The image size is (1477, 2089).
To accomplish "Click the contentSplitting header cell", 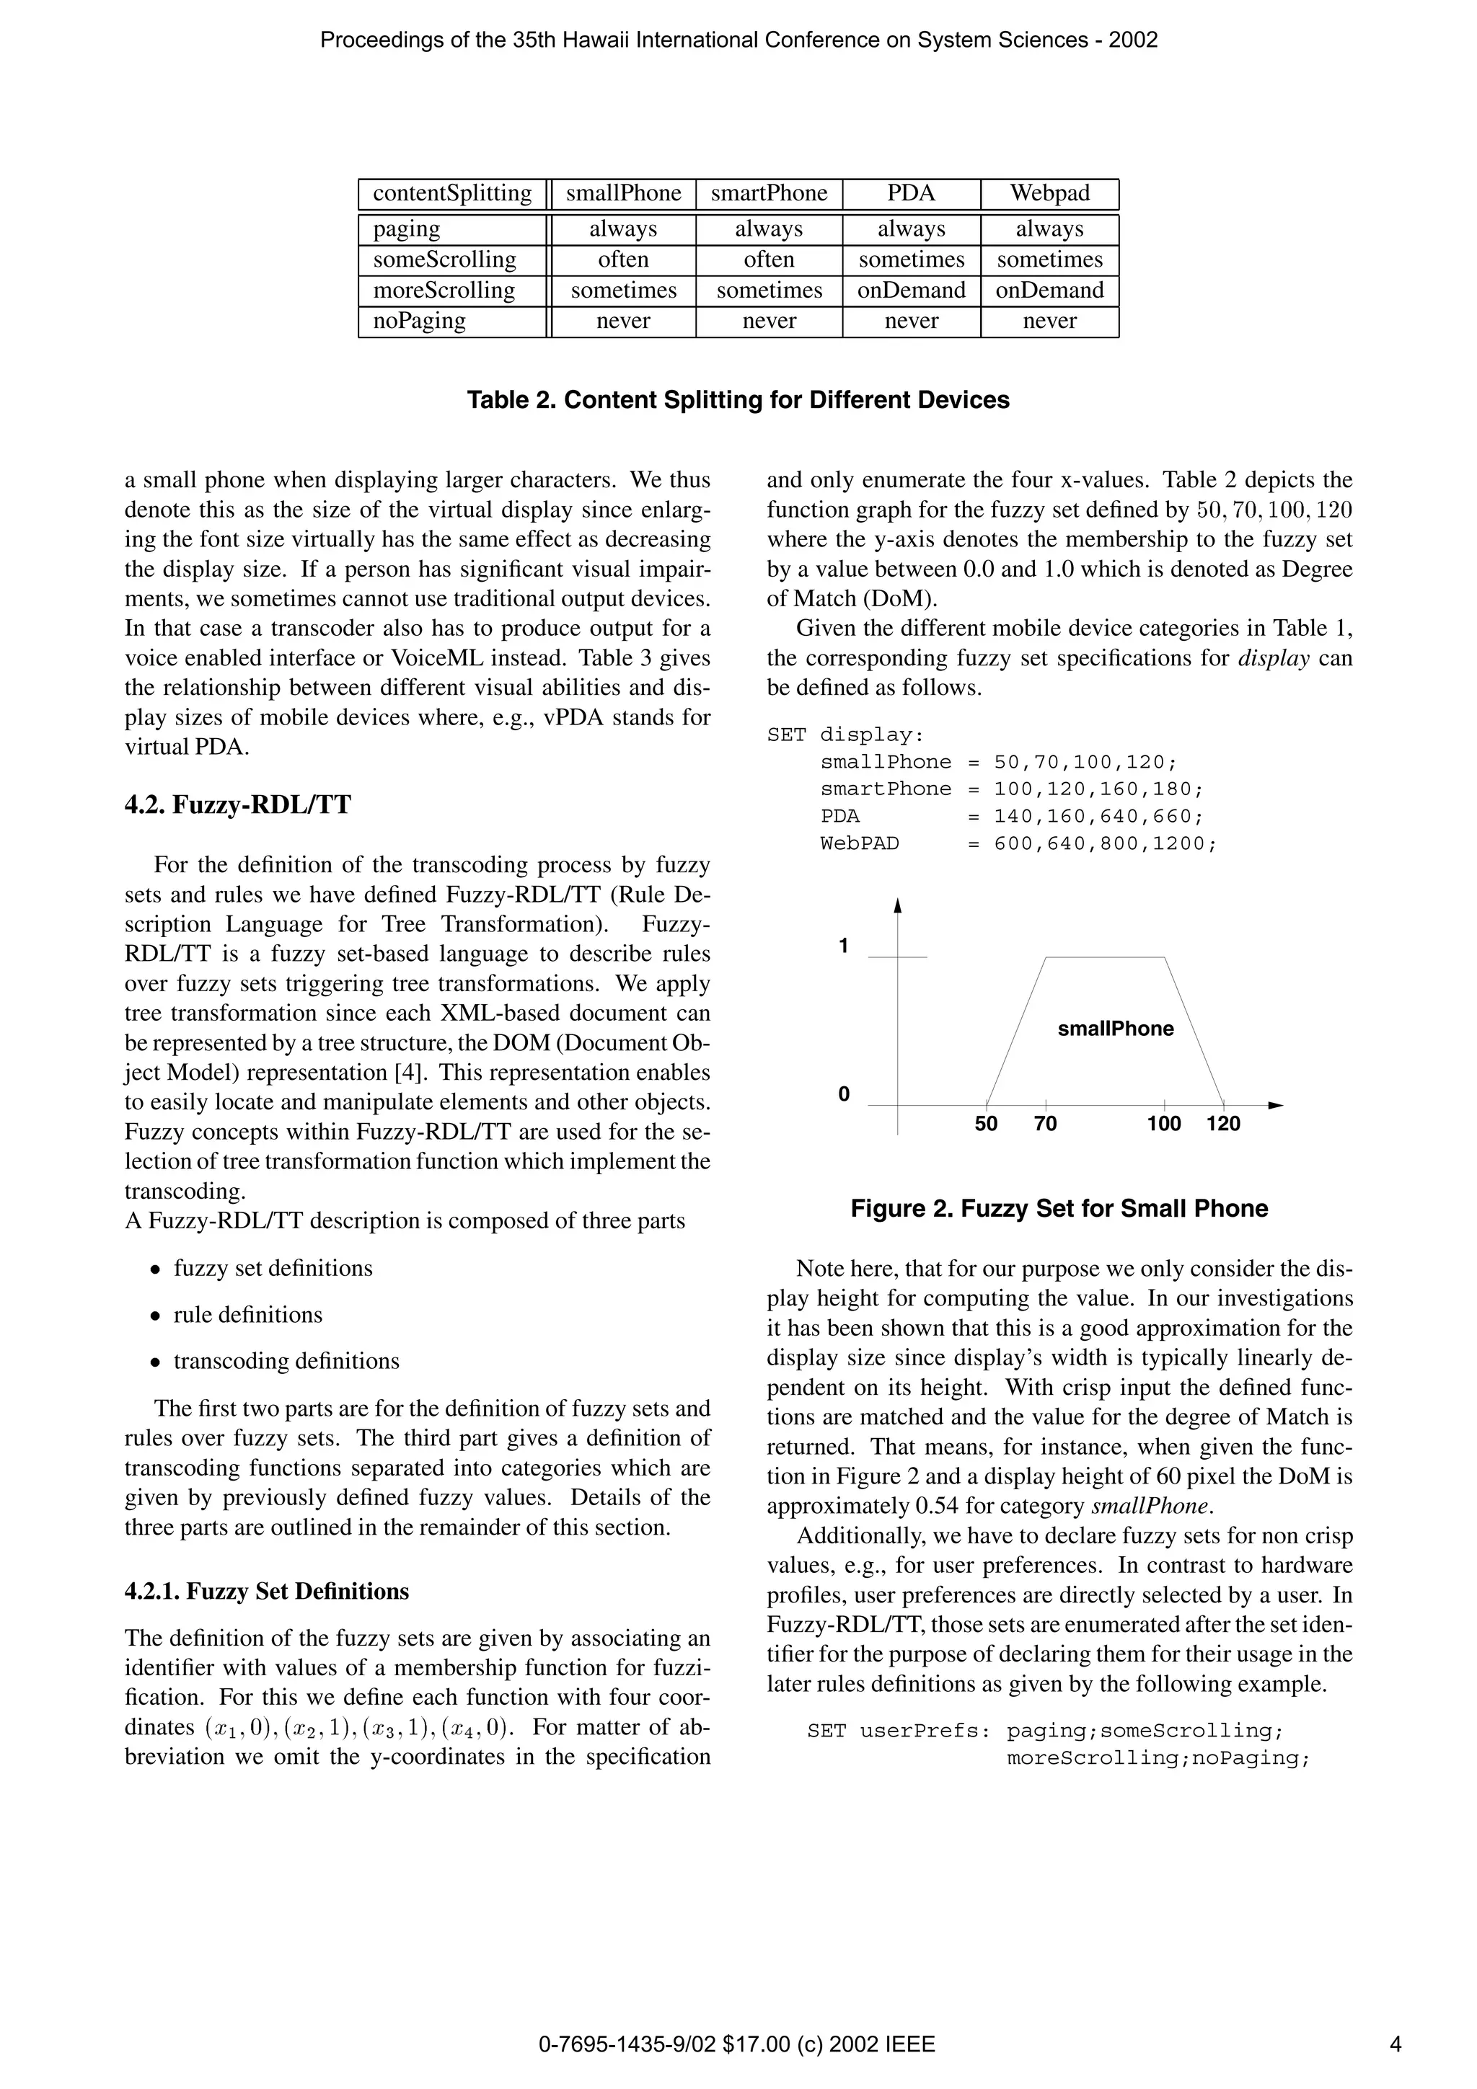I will coord(452,194).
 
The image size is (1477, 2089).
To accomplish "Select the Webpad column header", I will coord(1049,194).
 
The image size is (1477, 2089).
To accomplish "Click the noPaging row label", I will coord(420,321).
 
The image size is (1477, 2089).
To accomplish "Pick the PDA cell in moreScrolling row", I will coord(911,290).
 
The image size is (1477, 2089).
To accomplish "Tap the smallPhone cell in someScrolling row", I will coord(623,260).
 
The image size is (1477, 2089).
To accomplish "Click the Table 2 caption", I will coord(738,400).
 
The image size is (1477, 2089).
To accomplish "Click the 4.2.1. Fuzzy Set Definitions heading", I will coord(267,1592).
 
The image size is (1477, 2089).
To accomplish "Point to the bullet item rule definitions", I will coord(247,1315).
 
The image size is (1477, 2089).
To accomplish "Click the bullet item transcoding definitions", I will coord(286,1361).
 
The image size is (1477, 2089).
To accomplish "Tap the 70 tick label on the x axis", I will coord(1046,1124).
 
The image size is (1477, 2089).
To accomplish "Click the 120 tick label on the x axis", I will coord(1223,1124).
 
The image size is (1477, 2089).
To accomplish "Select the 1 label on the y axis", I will coord(844,946).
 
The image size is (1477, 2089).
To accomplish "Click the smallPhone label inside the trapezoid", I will coord(1116,1029).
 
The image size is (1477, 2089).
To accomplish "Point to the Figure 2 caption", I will coord(1059,1209).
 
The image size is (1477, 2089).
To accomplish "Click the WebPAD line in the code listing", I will coord(1018,843).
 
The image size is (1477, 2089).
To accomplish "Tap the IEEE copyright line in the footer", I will coord(737,2045).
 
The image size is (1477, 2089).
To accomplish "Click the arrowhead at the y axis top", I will coord(897,905).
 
